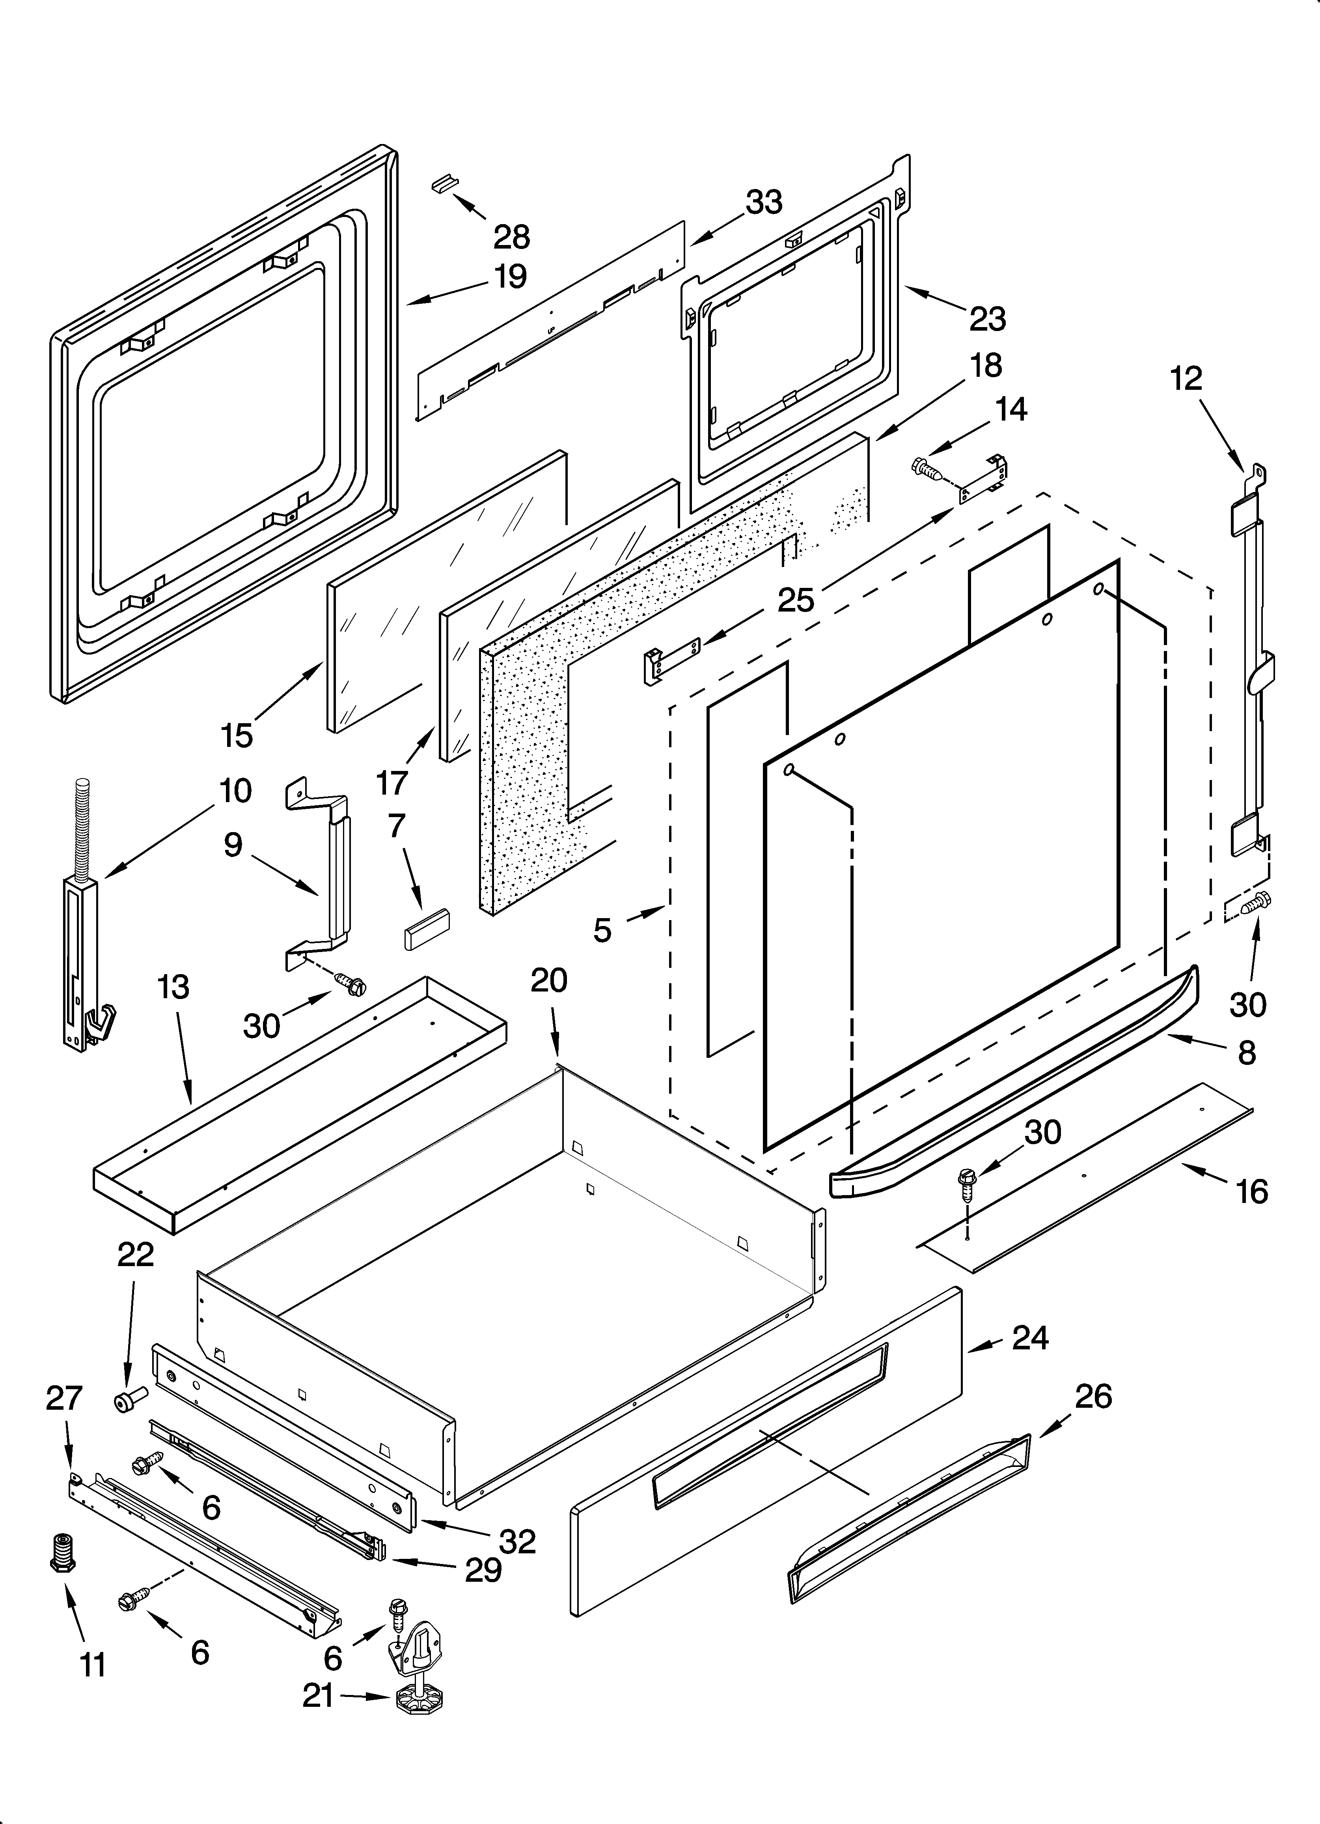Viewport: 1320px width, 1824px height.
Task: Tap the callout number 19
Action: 510,276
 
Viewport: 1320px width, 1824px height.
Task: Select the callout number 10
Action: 235,791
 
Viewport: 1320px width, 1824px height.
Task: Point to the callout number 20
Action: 549,980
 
